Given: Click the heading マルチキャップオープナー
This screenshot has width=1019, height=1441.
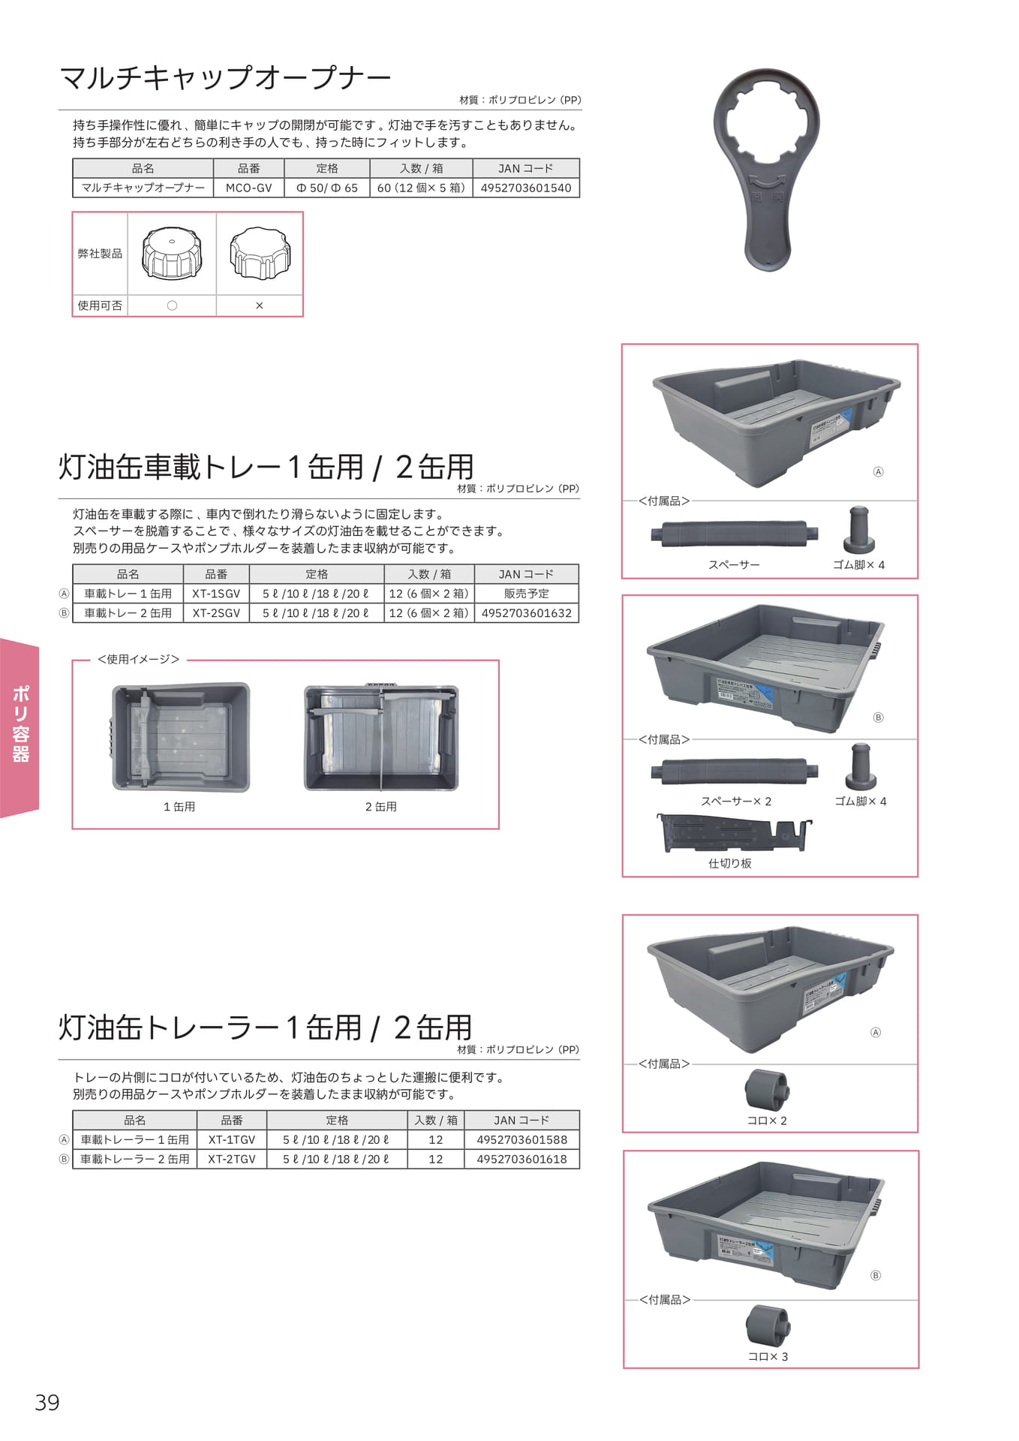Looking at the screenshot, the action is pos(225,77).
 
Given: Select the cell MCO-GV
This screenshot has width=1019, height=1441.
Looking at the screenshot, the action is pos(249,188).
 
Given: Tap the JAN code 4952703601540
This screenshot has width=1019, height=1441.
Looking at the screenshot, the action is pos(526,188).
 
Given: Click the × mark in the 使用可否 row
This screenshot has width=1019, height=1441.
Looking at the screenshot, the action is pos(260,305).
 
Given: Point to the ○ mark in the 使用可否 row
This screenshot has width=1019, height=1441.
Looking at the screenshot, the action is pos(172,305).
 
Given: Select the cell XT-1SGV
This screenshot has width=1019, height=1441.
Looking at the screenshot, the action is pos(216,594).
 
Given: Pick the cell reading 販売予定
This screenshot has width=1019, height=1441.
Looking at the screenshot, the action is pos(527,594).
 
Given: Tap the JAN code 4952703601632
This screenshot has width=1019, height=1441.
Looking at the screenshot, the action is pos(527,613).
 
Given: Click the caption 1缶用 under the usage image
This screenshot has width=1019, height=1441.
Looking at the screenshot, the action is pos(179,807).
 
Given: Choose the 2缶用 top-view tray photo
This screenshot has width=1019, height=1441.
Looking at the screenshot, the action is pos(381,737).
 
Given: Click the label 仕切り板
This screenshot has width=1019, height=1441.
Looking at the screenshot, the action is pos(730,864).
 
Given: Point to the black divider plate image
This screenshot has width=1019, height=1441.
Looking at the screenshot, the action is pos(734,833).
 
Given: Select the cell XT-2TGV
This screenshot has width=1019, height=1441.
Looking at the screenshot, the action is pos(232,1159).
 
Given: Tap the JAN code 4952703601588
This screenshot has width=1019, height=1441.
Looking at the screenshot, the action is pos(522,1139).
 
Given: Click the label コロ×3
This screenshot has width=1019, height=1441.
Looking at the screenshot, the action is pos(768,1357).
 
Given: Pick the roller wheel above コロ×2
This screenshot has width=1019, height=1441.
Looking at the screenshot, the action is pos(767,1090).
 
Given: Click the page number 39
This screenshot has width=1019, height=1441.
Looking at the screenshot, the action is pos(47,1403).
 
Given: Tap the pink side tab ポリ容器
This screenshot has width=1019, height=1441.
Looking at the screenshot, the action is pos(20,727).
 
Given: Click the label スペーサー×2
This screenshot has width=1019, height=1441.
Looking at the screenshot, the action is pos(736,802).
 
